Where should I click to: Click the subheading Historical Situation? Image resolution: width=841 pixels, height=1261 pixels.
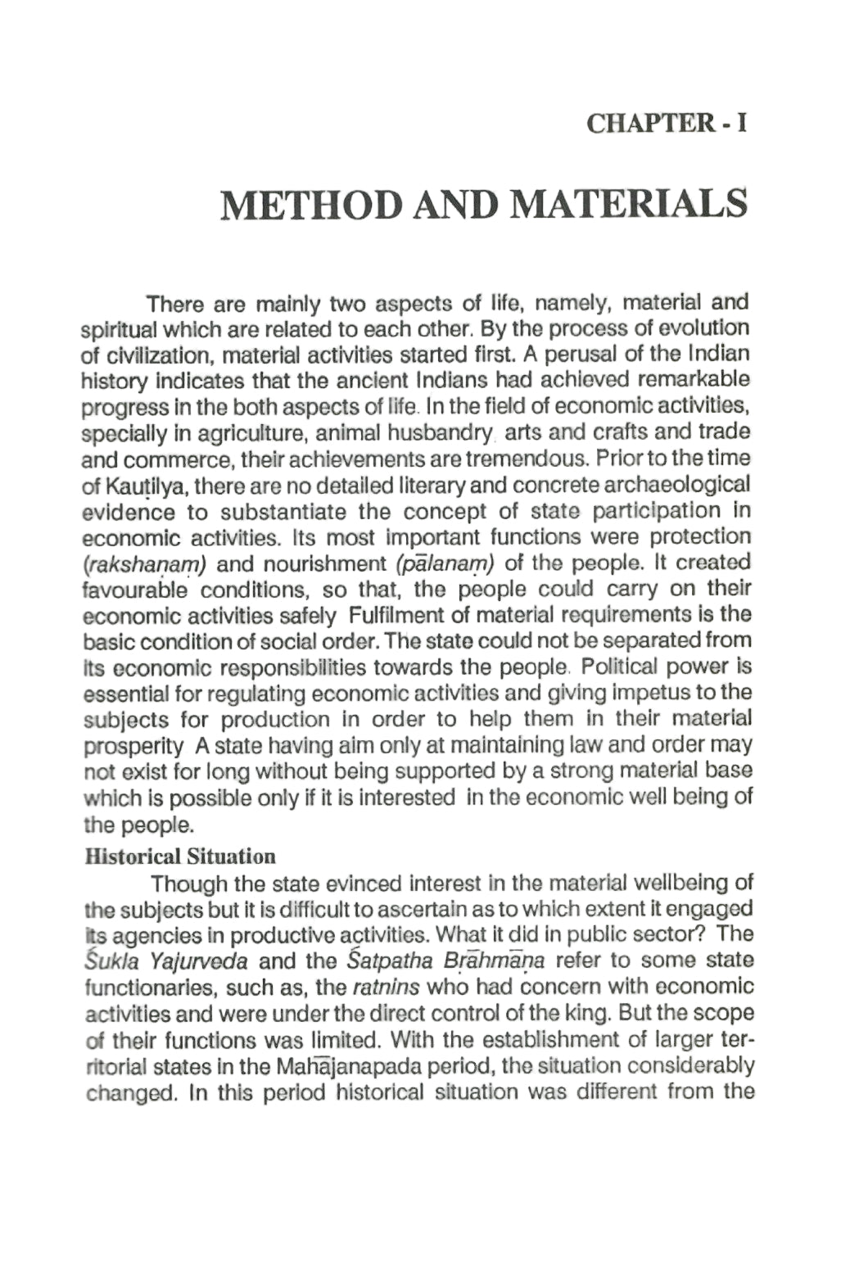[180, 857]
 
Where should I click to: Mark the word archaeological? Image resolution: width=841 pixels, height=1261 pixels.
[679, 486]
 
